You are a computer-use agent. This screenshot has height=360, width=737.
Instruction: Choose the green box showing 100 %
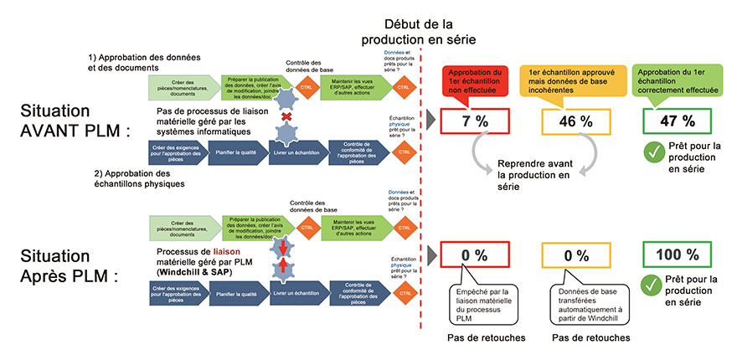pos(675,254)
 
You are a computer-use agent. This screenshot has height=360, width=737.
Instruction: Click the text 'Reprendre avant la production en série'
pos(533,174)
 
